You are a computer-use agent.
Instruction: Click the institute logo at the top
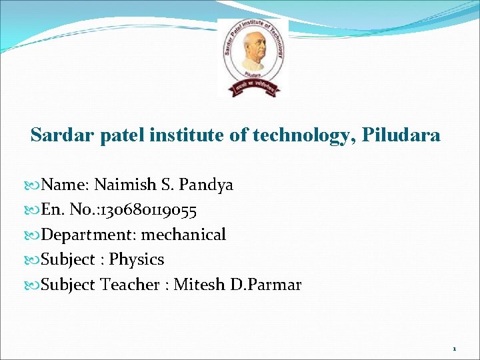point(253,57)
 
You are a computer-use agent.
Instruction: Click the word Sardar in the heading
point(57,135)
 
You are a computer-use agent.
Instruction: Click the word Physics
point(137,259)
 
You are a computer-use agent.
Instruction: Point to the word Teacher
point(129,285)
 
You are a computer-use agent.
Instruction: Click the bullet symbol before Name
point(35,185)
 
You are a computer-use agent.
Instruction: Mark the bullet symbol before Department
point(35,235)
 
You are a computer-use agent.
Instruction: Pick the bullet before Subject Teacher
point(35,285)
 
